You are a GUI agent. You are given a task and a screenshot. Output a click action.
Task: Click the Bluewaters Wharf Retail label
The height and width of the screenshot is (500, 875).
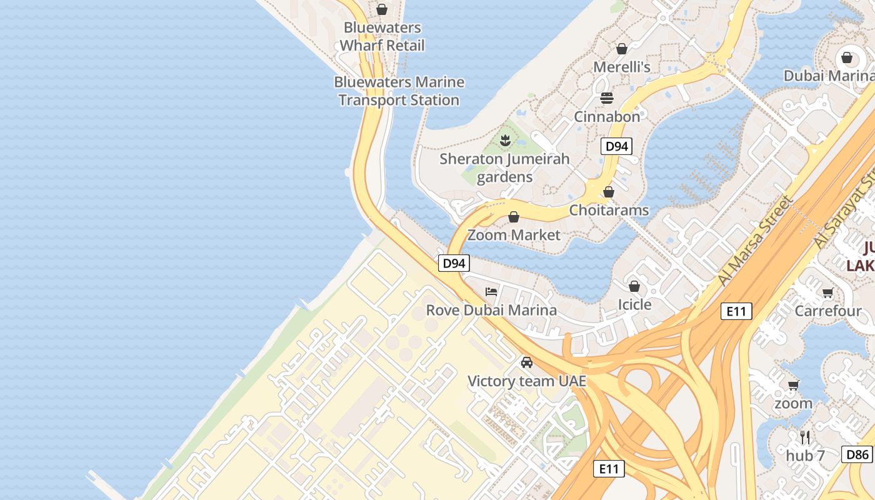(382, 37)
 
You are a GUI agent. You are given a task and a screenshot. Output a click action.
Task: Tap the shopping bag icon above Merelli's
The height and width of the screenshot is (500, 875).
(622, 49)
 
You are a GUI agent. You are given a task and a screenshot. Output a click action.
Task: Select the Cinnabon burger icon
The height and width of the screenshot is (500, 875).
(607, 98)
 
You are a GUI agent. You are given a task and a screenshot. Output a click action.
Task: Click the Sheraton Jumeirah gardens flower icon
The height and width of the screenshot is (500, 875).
(505, 141)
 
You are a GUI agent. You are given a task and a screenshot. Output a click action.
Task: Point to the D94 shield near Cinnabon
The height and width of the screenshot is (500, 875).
(616, 147)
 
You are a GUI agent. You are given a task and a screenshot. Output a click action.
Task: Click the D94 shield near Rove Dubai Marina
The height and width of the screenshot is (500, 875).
(453, 263)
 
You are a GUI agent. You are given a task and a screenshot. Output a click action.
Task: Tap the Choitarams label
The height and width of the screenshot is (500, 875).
(609, 210)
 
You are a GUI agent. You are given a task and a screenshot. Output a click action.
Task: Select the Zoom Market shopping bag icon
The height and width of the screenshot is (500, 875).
(514, 217)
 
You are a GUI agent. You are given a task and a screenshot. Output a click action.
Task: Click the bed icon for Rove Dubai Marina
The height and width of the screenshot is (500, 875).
(491, 291)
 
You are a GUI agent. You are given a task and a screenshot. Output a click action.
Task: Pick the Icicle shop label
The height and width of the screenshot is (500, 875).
(634, 304)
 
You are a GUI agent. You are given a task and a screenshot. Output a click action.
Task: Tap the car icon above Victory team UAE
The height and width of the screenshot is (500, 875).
(527, 362)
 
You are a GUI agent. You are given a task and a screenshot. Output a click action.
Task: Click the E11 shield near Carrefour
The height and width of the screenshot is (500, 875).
(736, 311)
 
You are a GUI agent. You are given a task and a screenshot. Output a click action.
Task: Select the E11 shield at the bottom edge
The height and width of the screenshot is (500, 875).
(608, 468)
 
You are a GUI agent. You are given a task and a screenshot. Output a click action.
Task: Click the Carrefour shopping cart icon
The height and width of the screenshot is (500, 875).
(828, 292)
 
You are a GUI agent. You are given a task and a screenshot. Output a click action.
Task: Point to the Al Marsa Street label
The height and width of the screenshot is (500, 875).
(755, 241)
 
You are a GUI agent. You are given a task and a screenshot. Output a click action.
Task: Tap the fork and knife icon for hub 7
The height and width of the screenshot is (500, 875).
(805, 437)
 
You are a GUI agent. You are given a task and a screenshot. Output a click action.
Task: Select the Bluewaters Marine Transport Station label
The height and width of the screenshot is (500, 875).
(399, 91)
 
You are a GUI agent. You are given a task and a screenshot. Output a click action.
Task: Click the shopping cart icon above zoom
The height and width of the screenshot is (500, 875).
(794, 385)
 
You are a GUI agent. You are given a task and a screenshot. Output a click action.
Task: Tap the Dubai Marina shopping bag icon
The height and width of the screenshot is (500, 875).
(847, 57)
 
